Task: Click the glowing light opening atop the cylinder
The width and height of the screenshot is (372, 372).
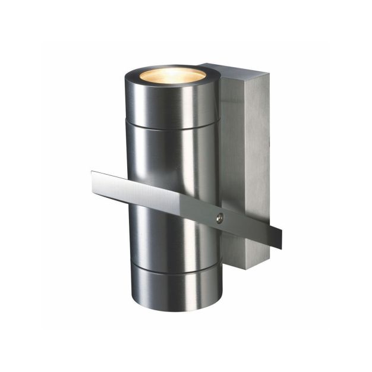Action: click(x=172, y=75)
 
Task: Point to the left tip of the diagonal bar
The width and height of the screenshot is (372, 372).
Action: click(x=94, y=182)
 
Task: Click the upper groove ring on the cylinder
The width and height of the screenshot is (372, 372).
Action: click(x=174, y=126)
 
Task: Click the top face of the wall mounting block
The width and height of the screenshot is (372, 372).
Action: click(x=232, y=69)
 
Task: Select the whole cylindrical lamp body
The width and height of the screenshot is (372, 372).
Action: click(x=174, y=190)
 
